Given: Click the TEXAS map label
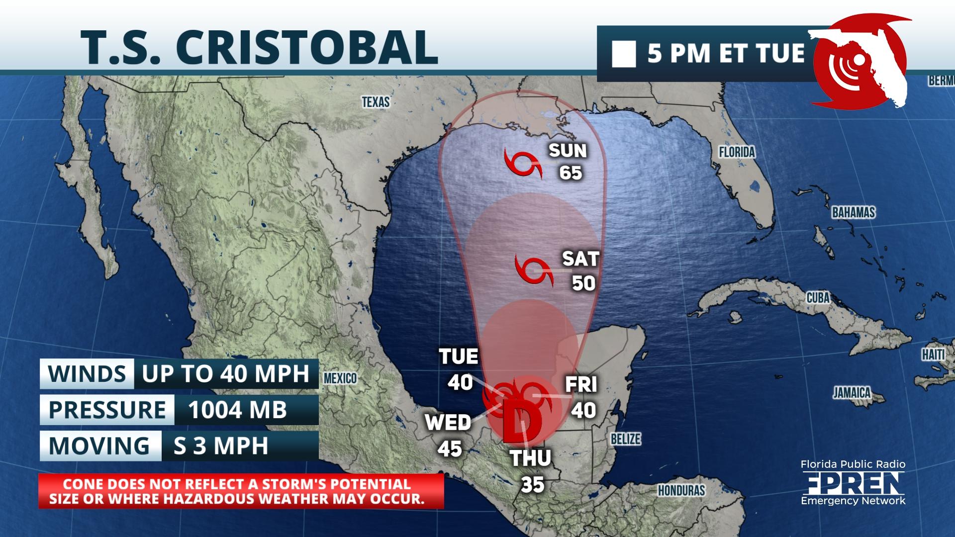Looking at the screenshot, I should pos(376,102).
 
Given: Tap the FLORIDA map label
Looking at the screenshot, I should pos(737,152).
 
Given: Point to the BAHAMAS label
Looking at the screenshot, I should pos(853,213).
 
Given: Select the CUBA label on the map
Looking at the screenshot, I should pos(818,298).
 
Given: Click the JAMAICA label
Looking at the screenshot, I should pos(852,393).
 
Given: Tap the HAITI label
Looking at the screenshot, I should pos(933,355).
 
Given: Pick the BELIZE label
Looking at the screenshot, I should pos(626,439).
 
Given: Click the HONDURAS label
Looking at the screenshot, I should pos(681,491).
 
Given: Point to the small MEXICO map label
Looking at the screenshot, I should pos(340,378).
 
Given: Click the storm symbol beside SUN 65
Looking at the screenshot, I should pos(522,162).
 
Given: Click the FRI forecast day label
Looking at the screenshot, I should pos(581,384).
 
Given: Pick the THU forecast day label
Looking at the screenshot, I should pos(531,458).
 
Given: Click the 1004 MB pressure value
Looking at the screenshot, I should pos(237,410).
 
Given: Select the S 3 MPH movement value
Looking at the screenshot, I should pos(220,446).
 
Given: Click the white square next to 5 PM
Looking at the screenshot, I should pos(624,54).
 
